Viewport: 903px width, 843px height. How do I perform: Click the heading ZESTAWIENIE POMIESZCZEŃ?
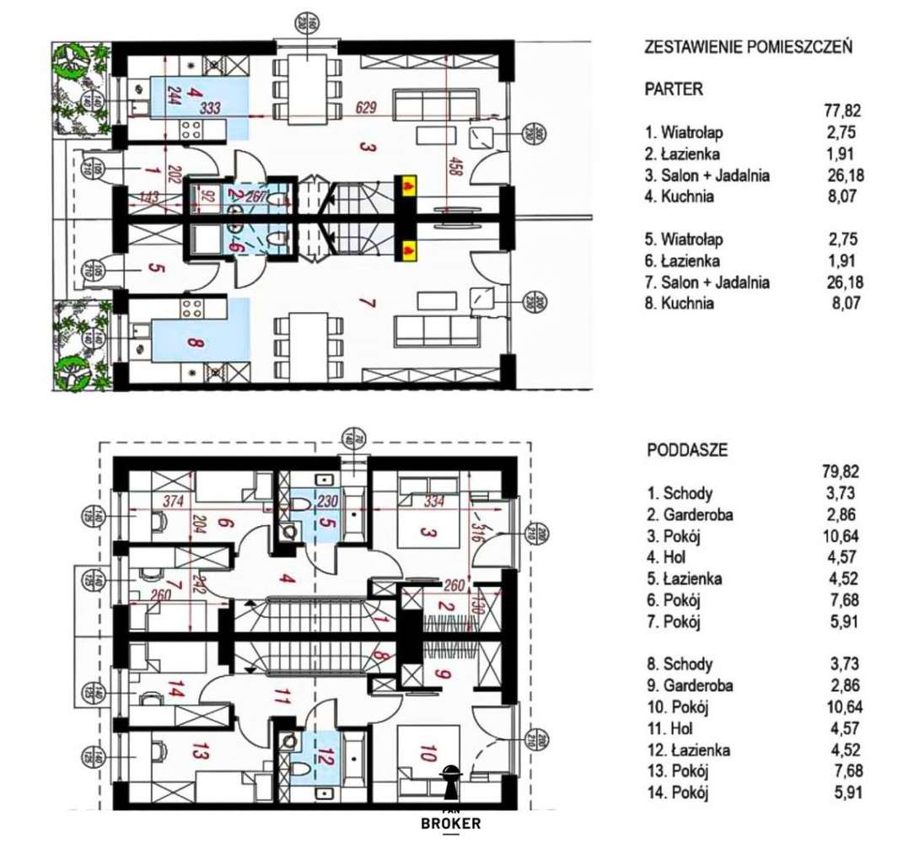pos(748,47)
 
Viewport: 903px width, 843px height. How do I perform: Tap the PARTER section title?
pos(674,89)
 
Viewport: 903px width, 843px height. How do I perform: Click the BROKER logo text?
pos(450,824)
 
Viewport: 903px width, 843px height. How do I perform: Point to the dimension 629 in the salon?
pos(364,108)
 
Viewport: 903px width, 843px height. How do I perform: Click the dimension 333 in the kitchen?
pos(216,108)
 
